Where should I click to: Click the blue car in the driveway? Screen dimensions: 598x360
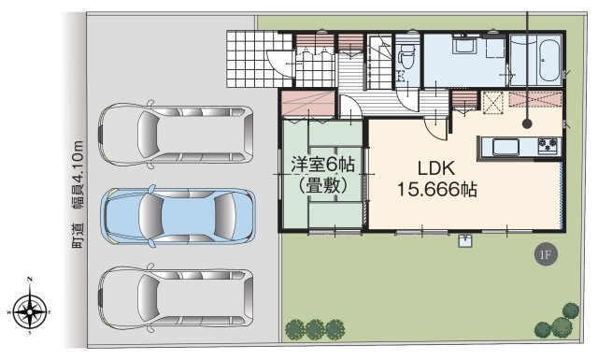(178, 216)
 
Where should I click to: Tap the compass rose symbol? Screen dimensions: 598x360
(30, 312)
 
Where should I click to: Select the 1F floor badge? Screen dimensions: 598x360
(546, 254)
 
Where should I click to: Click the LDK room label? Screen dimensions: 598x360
(436, 168)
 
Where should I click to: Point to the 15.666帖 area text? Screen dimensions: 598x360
(437, 189)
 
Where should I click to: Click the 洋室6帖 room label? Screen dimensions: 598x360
(322, 165)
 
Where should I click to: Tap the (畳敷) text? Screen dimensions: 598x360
(322, 185)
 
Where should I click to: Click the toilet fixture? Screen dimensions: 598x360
(406, 56)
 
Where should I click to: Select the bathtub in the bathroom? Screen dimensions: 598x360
(549, 61)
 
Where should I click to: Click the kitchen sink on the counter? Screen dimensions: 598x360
(505, 147)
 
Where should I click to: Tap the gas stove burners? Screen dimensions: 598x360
(548, 146)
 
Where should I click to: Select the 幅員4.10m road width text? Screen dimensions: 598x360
(78, 176)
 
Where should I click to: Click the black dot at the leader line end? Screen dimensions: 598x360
(527, 122)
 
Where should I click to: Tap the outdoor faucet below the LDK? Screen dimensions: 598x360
(465, 241)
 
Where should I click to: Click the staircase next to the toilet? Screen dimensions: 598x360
(379, 62)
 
